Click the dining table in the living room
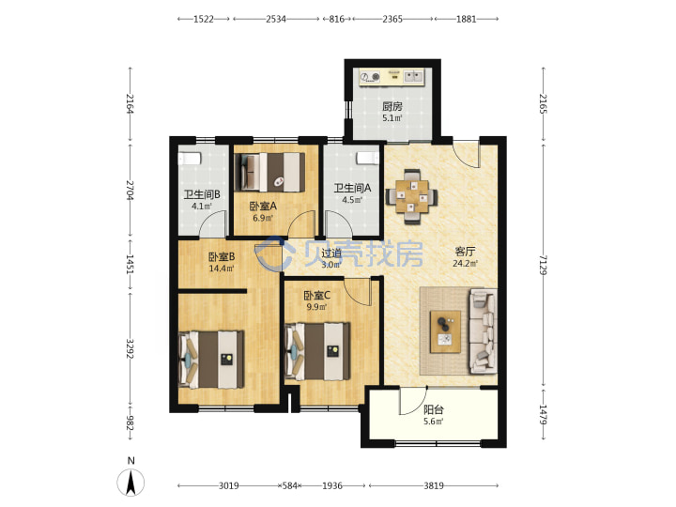click(x=411, y=196)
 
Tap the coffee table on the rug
click(x=445, y=331)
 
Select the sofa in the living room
click(x=483, y=331)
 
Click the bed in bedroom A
click(x=269, y=172)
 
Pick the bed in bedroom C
click(x=317, y=351)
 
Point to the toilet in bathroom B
click(x=190, y=159)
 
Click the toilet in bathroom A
click(x=367, y=159)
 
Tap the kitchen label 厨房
click(x=392, y=106)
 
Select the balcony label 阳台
click(x=433, y=409)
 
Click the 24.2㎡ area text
click(x=465, y=263)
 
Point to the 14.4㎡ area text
click(x=222, y=269)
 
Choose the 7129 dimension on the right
click(x=543, y=265)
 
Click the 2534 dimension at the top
click(x=276, y=19)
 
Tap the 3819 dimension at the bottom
click(x=434, y=486)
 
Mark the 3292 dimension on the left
click(x=131, y=348)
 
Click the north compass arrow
click(x=131, y=483)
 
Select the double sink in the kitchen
click(x=413, y=77)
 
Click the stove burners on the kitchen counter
click(x=370, y=77)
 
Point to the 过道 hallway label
click(x=331, y=253)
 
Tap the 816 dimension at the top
click(x=337, y=19)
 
